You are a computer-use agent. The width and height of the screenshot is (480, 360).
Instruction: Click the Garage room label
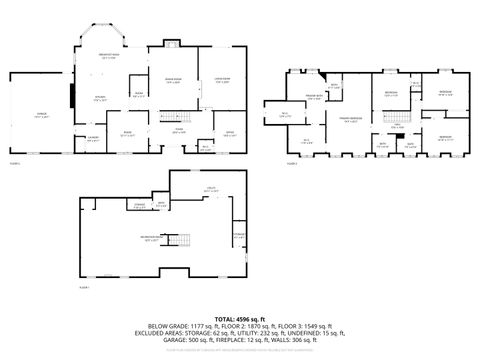[x=41, y=116]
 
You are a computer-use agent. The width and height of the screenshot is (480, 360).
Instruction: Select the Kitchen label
[x=100, y=98]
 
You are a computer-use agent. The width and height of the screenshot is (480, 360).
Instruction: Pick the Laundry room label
[x=92, y=140]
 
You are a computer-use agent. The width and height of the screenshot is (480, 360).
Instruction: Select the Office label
[x=229, y=132]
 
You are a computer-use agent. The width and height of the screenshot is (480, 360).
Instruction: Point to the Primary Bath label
[x=311, y=97]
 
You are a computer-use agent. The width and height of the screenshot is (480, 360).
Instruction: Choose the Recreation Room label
[x=152, y=238]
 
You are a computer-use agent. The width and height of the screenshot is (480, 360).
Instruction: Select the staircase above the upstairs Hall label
[x=398, y=122]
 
